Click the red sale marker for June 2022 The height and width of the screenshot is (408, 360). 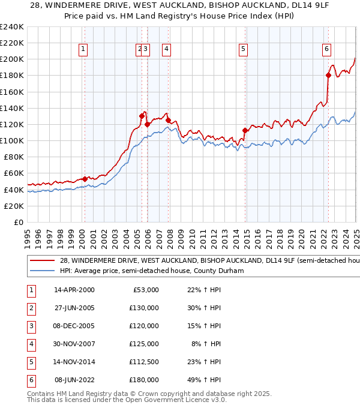328,75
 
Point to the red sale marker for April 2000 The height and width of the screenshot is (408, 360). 85,179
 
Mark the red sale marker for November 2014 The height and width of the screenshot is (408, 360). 245,130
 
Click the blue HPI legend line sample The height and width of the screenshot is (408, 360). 43,271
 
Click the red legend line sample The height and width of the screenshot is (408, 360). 43,261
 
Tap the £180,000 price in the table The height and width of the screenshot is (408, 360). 144,380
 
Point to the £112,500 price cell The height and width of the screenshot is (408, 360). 144,362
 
